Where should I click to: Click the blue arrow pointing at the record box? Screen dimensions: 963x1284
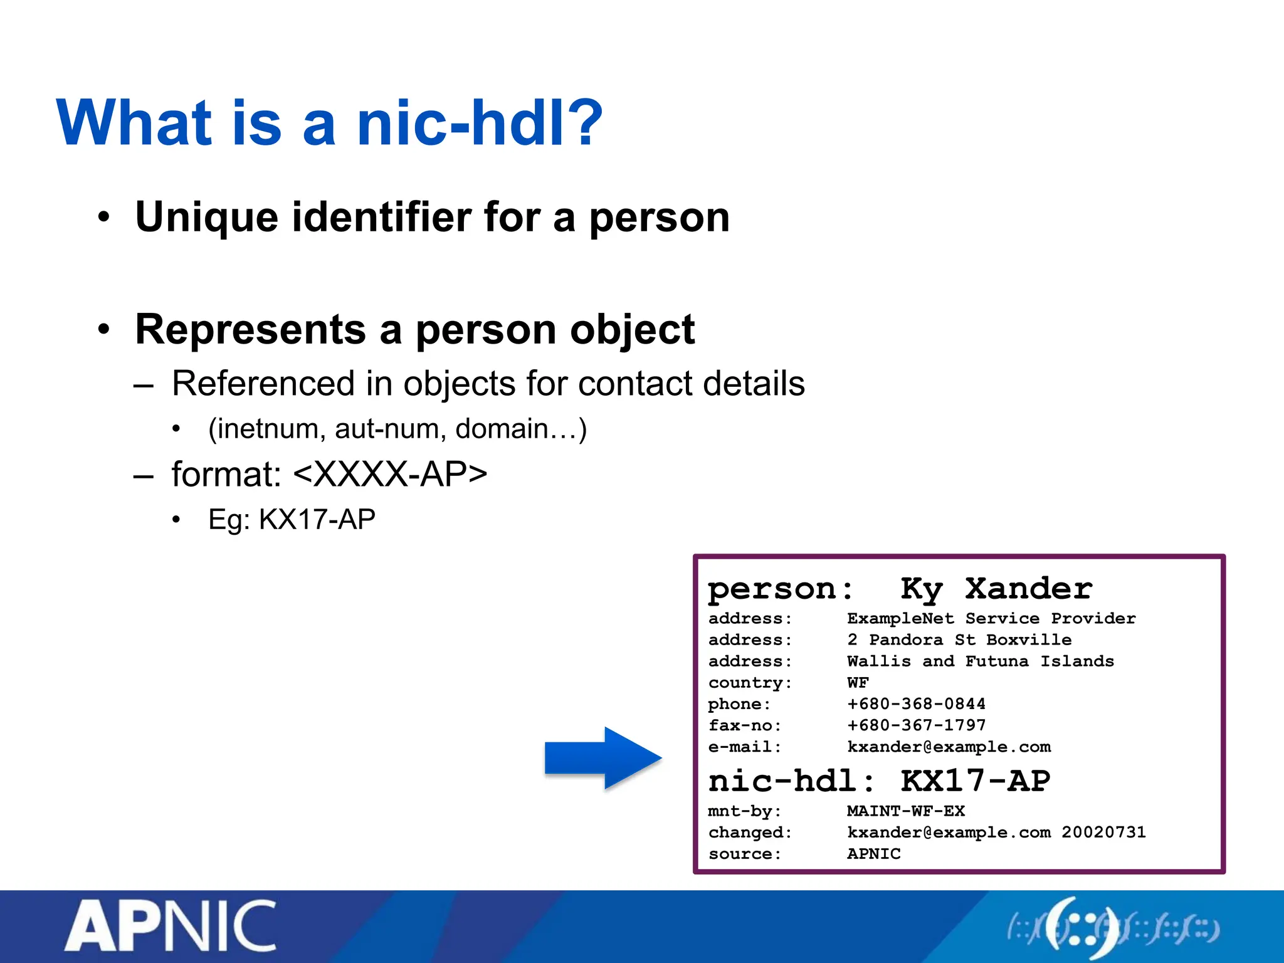(x=602, y=758)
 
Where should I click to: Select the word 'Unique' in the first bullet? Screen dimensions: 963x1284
(x=206, y=217)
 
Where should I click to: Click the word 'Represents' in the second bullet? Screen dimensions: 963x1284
(x=250, y=329)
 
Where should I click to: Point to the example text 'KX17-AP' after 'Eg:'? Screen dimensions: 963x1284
(x=317, y=519)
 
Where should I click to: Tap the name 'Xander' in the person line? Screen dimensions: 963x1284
(x=1028, y=589)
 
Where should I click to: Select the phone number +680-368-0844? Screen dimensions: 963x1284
(x=916, y=704)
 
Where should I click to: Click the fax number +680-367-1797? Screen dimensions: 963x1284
(x=916, y=725)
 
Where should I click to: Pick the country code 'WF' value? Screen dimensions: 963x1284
(x=858, y=683)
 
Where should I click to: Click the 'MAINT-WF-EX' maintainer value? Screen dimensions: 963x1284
(x=905, y=811)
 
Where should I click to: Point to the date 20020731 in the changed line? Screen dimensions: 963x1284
(x=1103, y=833)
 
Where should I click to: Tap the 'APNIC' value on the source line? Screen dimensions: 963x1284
(x=873, y=854)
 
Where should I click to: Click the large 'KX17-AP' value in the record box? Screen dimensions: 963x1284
(x=975, y=781)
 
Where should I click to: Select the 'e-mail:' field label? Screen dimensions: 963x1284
(x=745, y=747)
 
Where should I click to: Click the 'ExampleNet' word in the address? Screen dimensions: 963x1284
(x=900, y=619)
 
